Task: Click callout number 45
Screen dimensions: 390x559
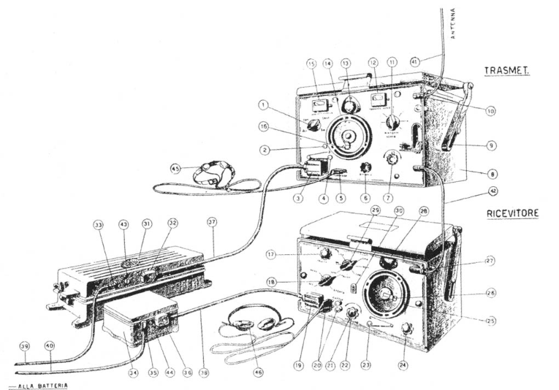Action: click(x=175, y=168)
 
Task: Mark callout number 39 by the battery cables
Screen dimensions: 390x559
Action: click(x=25, y=346)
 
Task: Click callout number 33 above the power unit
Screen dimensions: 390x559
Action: click(x=97, y=224)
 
